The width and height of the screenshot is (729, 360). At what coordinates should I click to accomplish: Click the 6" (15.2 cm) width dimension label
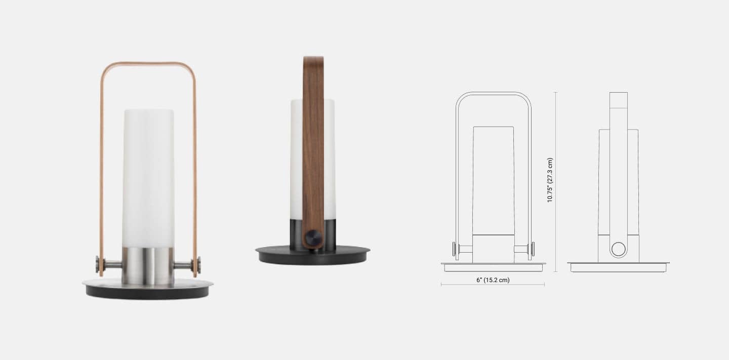point(493,280)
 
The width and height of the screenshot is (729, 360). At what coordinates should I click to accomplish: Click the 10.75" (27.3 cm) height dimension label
point(550,180)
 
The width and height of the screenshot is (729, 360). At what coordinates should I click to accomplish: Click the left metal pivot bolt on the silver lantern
point(99,264)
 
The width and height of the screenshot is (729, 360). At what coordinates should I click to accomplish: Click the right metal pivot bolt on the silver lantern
point(197,264)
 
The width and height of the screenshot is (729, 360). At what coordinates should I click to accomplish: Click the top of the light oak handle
point(148,64)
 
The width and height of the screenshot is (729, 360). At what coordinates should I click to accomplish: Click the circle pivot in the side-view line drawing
point(618,249)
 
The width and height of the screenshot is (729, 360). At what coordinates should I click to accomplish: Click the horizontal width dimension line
point(493,285)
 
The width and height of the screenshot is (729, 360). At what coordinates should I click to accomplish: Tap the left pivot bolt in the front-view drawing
point(455,249)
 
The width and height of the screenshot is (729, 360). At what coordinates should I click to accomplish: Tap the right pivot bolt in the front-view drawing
point(532,249)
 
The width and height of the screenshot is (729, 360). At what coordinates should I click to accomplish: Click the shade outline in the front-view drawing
point(494,180)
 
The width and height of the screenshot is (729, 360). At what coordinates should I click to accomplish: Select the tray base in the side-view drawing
point(618,267)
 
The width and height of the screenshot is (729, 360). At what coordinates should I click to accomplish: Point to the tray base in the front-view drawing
point(493,267)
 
